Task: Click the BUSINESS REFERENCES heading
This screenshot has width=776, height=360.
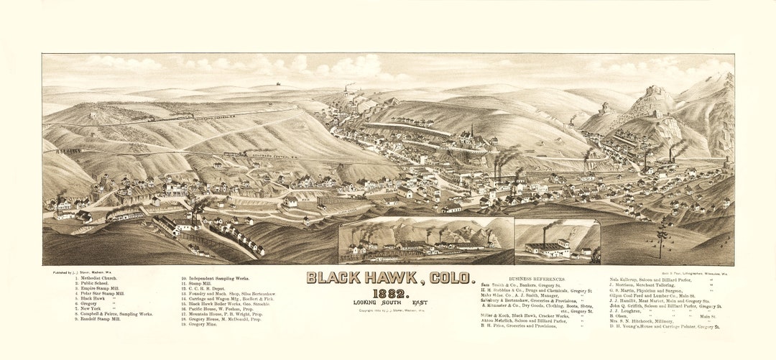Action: (536, 279)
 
